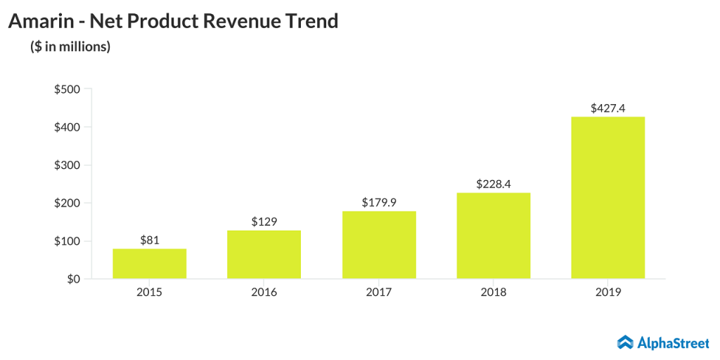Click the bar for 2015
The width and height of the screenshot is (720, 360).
pos(149,264)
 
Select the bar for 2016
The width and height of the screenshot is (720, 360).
pos(264,255)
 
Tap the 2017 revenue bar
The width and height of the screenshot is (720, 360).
pos(379,245)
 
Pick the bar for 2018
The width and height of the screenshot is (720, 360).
pos(494,236)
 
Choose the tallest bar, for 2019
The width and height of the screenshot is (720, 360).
pos(608,198)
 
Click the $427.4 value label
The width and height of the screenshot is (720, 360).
pos(608,108)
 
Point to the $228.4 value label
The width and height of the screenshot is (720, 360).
pos(494,184)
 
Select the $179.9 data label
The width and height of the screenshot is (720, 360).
pos(379,202)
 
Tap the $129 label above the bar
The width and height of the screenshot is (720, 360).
pos(264,221)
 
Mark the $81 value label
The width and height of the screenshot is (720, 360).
pos(149,240)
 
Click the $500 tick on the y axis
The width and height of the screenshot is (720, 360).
pos(67,89)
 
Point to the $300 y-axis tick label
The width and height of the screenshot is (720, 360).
pos(67,165)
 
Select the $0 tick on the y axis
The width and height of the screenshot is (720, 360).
pos(72,279)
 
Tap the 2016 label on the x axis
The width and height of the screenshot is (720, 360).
pos(264,292)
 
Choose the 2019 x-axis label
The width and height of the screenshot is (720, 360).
pos(608,292)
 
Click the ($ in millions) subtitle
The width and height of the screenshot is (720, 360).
pos(70,47)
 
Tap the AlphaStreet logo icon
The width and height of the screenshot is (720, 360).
pos(626,342)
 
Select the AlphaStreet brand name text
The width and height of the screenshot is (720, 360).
pos(674,342)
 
